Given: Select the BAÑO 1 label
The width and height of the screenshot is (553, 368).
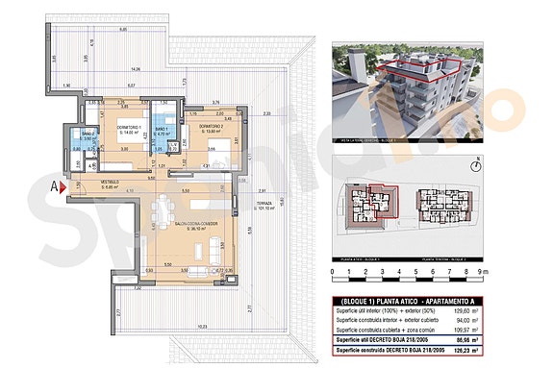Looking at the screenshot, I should click(163, 132).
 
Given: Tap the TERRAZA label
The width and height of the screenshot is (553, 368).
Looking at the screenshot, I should click(265, 207).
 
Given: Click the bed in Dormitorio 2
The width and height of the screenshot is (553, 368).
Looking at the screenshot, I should click(231, 147).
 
